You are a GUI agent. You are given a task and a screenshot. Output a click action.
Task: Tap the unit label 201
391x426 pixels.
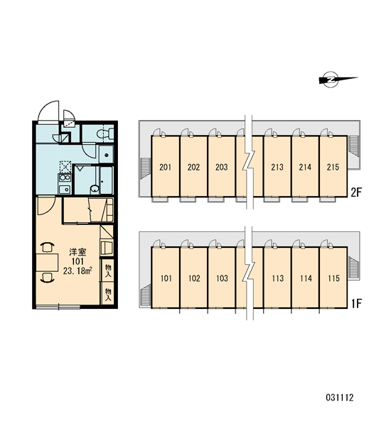click(166, 167)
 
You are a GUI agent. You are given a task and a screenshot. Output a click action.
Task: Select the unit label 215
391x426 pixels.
click(333, 167)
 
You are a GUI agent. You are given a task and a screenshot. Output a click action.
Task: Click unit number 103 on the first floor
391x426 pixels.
click(222, 278)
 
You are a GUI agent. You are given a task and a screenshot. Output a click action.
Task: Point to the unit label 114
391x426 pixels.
click(306, 278)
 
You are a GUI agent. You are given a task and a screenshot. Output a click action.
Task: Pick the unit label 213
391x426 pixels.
click(277, 167)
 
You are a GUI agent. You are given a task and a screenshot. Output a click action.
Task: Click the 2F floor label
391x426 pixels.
click(356, 192)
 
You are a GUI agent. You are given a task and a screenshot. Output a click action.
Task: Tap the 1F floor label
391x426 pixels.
click(356, 304)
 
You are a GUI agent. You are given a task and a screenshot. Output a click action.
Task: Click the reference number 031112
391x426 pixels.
click(340, 398)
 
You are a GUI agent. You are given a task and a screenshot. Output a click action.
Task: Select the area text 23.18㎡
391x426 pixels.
click(77, 271)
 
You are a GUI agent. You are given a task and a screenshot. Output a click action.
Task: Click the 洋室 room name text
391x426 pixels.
click(77, 252)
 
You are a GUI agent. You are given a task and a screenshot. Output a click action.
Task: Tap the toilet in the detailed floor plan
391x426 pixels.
click(105, 133)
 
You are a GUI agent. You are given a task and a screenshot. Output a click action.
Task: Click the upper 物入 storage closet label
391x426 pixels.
click(108, 271)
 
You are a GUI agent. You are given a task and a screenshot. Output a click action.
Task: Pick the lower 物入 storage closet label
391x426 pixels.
click(108, 295)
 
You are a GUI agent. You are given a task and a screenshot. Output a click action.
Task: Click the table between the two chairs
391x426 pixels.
click(48, 263)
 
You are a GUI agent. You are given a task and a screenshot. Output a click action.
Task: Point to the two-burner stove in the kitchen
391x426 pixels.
click(65, 178)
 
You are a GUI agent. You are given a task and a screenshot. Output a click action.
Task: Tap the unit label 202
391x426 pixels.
click(193, 167)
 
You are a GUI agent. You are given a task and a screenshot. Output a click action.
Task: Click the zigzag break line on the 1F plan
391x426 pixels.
click(250, 273)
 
